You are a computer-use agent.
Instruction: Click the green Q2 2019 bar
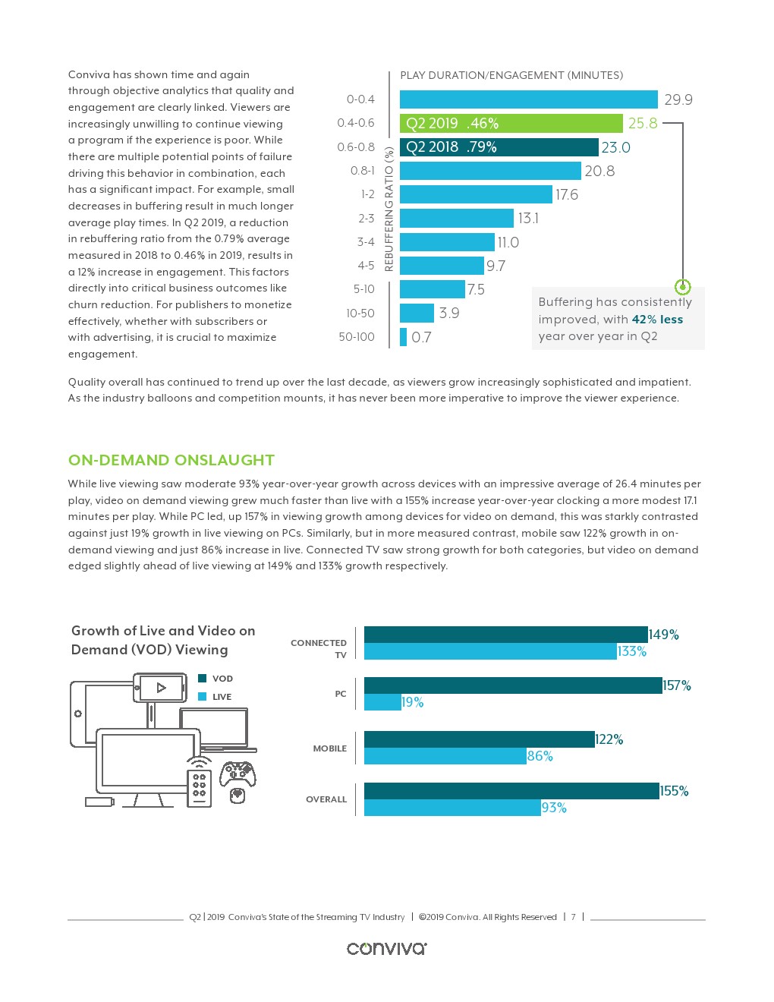click(511, 123)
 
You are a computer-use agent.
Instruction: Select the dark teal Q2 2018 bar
click(499, 147)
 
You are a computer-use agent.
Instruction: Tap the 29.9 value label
click(678, 99)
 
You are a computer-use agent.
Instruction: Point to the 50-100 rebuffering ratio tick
click(356, 336)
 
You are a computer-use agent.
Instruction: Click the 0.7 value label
click(421, 337)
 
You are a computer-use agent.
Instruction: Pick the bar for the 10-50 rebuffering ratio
click(417, 313)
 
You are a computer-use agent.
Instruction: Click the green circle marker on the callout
click(682, 287)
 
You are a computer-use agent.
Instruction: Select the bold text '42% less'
click(657, 320)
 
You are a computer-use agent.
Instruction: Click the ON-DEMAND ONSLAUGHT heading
click(171, 460)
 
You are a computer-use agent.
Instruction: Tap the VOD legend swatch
click(203, 678)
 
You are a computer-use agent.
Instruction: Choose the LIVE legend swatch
click(203, 696)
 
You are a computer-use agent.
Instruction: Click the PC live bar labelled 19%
click(382, 702)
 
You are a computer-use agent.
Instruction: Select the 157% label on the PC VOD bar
click(677, 685)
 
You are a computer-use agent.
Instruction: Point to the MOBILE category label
click(329, 748)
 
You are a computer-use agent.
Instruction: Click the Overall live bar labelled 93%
click(452, 808)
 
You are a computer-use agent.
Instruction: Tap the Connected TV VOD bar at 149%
click(505, 635)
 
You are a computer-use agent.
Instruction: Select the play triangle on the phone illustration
click(161, 688)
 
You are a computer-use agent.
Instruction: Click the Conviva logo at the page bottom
click(386, 948)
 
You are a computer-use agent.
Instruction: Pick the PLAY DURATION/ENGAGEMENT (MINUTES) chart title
click(511, 75)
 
